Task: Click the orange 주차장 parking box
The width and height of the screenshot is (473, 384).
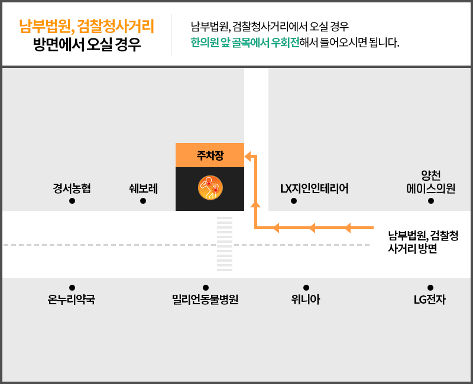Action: [210, 155]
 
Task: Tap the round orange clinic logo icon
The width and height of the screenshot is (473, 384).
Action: [210, 188]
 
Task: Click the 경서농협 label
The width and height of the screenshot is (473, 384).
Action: [72, 188]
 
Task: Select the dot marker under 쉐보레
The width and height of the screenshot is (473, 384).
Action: [143, 201]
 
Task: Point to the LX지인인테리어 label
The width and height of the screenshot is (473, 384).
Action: [315, 188]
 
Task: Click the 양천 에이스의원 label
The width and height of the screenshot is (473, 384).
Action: [431, 182]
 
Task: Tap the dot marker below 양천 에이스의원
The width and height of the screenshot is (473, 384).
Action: [431, 201]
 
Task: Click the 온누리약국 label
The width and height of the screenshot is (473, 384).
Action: [72, 300]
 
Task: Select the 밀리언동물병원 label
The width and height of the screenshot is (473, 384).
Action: [205, 300]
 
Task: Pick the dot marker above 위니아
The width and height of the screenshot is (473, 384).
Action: [306, 288]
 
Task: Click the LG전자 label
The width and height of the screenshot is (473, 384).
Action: [430, 300]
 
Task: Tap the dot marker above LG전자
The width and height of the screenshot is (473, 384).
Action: [430, 288]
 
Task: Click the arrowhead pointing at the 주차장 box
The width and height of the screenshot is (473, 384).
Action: [248, 157]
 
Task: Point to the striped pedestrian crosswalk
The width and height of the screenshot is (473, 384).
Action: [225, 244]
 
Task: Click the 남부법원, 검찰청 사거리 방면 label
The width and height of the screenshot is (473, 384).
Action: [423, 242]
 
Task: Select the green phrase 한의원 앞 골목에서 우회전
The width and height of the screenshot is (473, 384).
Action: [245, 43]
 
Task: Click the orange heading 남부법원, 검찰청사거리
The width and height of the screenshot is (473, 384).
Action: [86, 26]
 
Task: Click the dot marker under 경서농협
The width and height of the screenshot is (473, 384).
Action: [72, 201]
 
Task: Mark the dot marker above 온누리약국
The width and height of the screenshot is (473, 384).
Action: [72, 288]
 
